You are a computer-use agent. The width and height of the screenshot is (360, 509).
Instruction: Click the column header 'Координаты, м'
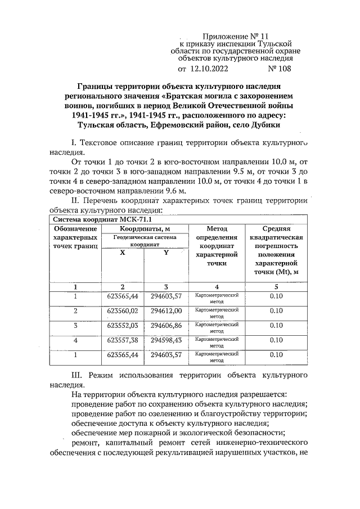click(145, 229)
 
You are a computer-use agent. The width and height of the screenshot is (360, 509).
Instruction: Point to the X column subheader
click(122, 253)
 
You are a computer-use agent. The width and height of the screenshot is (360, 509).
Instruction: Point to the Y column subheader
click(166, 253)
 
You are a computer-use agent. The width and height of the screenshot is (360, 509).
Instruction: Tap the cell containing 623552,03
click(122, 326)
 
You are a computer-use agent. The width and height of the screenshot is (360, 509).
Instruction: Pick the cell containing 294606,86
click(166, 326)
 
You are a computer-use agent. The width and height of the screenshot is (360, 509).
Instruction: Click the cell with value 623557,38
click(122, 340)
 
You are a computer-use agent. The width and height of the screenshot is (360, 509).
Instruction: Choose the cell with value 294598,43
click(166, 340)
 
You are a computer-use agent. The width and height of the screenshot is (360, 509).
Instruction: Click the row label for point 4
click(75, 340)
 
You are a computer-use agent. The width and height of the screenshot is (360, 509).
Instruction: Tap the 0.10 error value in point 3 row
click(276, 326)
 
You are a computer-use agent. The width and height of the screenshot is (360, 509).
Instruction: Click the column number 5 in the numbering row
click(276, 287)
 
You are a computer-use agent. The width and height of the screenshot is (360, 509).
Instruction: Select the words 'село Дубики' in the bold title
click(254, 124)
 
